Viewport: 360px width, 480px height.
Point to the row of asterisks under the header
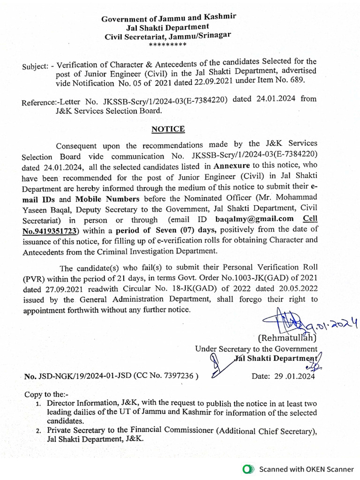click(167, 45)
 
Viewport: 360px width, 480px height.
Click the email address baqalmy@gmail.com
click(255, 219)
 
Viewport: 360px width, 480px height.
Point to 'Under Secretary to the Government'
click(256, 349)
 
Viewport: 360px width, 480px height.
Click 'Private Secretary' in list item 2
click(77, 431)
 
